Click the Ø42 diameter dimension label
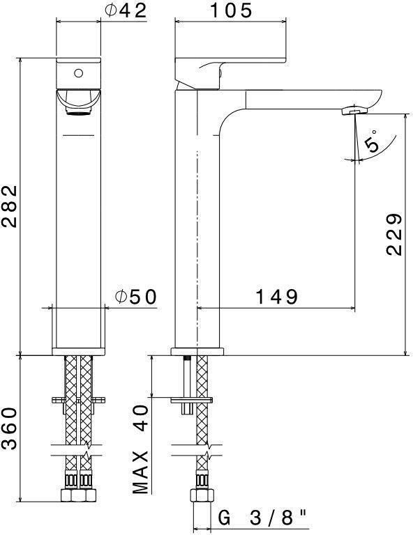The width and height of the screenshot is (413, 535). point(126,10)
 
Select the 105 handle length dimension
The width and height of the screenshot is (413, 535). point(231,10)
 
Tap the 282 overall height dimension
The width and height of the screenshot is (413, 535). point(9,206)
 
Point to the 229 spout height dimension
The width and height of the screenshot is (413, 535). point(394,234)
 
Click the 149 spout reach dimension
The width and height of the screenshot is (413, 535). point(277,297)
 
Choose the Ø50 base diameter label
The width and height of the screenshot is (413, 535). point(136,297)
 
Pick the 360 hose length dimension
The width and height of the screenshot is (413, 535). point(9,428)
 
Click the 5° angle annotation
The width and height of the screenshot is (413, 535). point(371,140)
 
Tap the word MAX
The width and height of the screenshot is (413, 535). point(140,472)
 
